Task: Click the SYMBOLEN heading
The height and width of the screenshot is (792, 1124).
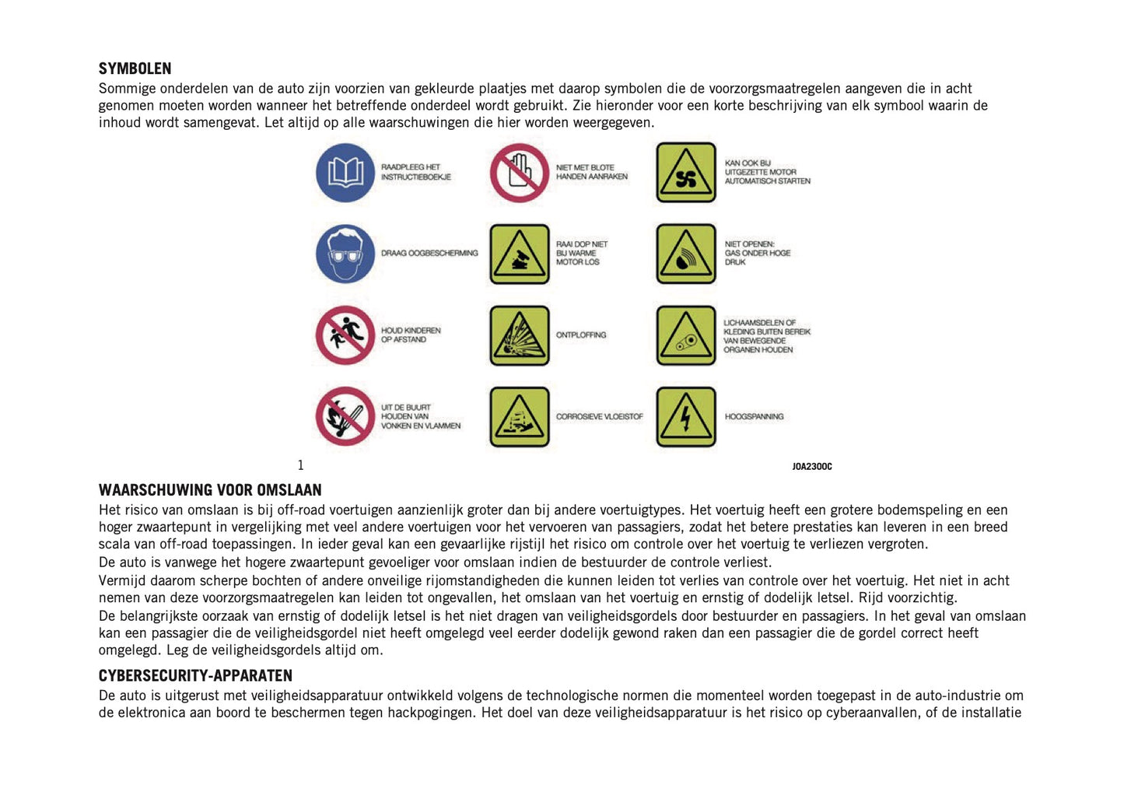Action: coord(135,68)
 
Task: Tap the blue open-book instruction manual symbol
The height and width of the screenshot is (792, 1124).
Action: coord(345,173)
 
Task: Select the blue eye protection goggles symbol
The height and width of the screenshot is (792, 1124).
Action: coord(345,254)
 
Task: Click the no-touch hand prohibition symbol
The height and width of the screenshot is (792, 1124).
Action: coord(520,173)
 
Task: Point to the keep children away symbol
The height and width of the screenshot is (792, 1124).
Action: coord(345,335)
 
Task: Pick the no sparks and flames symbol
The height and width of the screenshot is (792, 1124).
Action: coord(345,416)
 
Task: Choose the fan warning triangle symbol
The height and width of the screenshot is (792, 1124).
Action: coord(685,173)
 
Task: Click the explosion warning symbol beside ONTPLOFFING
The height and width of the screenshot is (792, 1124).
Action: coord(520,335)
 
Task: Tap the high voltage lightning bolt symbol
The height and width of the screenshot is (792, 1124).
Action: coord(685,417)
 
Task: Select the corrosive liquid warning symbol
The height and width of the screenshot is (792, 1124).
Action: coord(520,417)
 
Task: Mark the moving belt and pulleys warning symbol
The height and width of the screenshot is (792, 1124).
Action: coord(685,335)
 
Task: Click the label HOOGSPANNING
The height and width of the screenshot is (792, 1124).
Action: coord(754,417)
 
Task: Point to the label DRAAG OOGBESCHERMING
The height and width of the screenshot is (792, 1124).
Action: coord(429,254)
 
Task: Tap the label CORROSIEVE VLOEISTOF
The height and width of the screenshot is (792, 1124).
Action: coord(599,417)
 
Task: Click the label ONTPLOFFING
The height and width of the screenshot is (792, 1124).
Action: coord(580,335)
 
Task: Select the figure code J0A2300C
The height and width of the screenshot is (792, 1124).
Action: coord(811,467)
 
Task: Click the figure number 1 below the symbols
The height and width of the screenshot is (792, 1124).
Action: coord(301,465)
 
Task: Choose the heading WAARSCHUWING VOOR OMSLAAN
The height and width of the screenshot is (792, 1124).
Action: coord(210,490)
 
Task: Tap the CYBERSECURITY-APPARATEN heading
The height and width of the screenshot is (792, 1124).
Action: coord(195,675)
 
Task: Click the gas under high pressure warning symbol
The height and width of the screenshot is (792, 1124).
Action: coord(685,254)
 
